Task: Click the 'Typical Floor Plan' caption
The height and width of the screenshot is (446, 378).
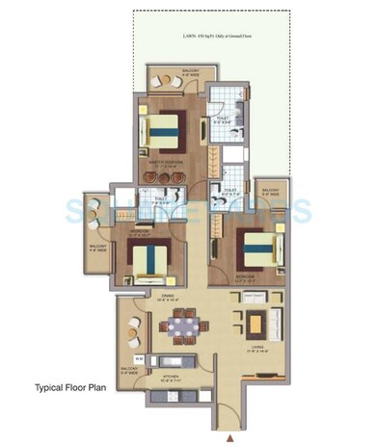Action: [70, 389]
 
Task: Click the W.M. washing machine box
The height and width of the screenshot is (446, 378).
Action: [139, 358]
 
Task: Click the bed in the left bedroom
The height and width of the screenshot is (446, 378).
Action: [148, 259]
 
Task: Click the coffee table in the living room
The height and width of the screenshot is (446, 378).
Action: [256, 323]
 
